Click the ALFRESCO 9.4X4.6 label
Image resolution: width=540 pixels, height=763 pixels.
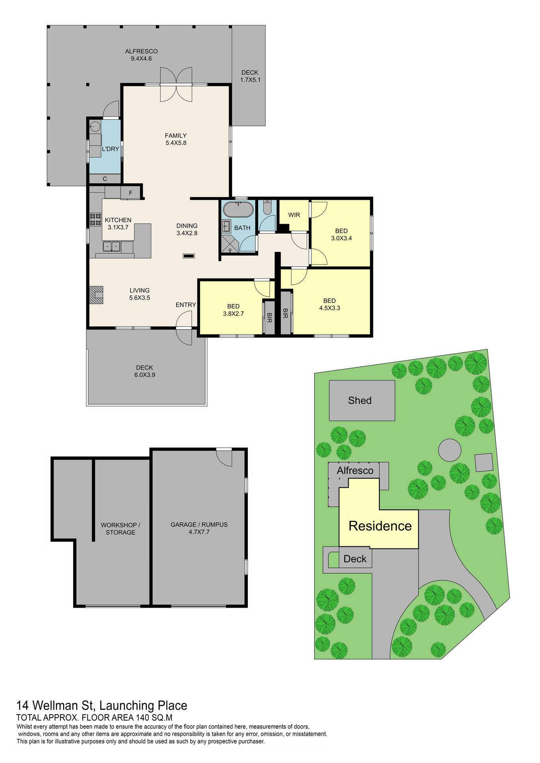(141, 55)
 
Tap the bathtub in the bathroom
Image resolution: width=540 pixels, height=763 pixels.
(238, 210)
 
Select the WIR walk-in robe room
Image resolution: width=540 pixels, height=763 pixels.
(294, 215)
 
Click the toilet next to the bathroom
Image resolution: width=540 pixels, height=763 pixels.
(267, 209)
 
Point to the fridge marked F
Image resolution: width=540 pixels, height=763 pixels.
(130, 193)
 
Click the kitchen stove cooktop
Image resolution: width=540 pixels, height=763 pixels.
(95, 219)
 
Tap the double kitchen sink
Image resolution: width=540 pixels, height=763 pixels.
(112, 246)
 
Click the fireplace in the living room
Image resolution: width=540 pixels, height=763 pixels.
(97, 295)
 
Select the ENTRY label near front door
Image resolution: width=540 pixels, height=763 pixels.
(186, 305)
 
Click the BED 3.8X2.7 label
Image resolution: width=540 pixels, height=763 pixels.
(233, 310)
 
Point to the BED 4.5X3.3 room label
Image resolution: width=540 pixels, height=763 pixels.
(329, 304)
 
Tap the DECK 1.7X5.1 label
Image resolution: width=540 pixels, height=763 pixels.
(250, 76)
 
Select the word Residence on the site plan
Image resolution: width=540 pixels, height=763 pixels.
(380, 526)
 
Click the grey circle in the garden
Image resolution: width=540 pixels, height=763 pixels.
(449, 450)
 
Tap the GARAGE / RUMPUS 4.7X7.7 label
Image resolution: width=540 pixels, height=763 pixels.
(199, 528)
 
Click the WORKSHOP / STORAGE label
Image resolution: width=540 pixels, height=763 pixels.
(120, 529)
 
